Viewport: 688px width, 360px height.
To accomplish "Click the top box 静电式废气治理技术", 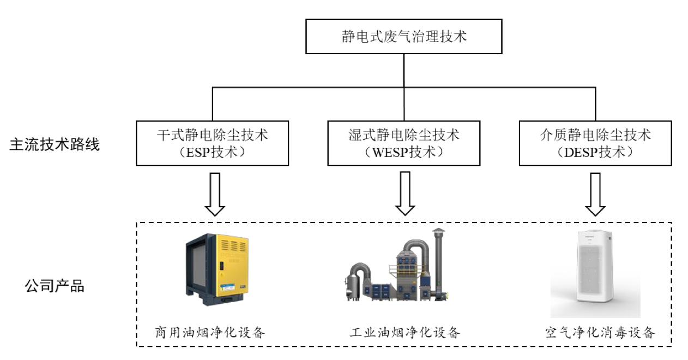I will coord(403,37).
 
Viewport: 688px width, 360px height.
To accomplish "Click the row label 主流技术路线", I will coord(55,145).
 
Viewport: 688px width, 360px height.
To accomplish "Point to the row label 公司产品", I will coord(55,286).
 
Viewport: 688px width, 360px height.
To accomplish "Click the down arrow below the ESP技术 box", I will coord(215,194).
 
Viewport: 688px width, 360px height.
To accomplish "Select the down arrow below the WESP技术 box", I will coord(405,194).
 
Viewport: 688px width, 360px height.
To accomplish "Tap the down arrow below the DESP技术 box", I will coord(595,194).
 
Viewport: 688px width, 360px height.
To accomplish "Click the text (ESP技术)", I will coord(212,152).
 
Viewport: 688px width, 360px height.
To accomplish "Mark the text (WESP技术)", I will coord(403,152).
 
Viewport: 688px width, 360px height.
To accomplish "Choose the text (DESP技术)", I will coord(595,152).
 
